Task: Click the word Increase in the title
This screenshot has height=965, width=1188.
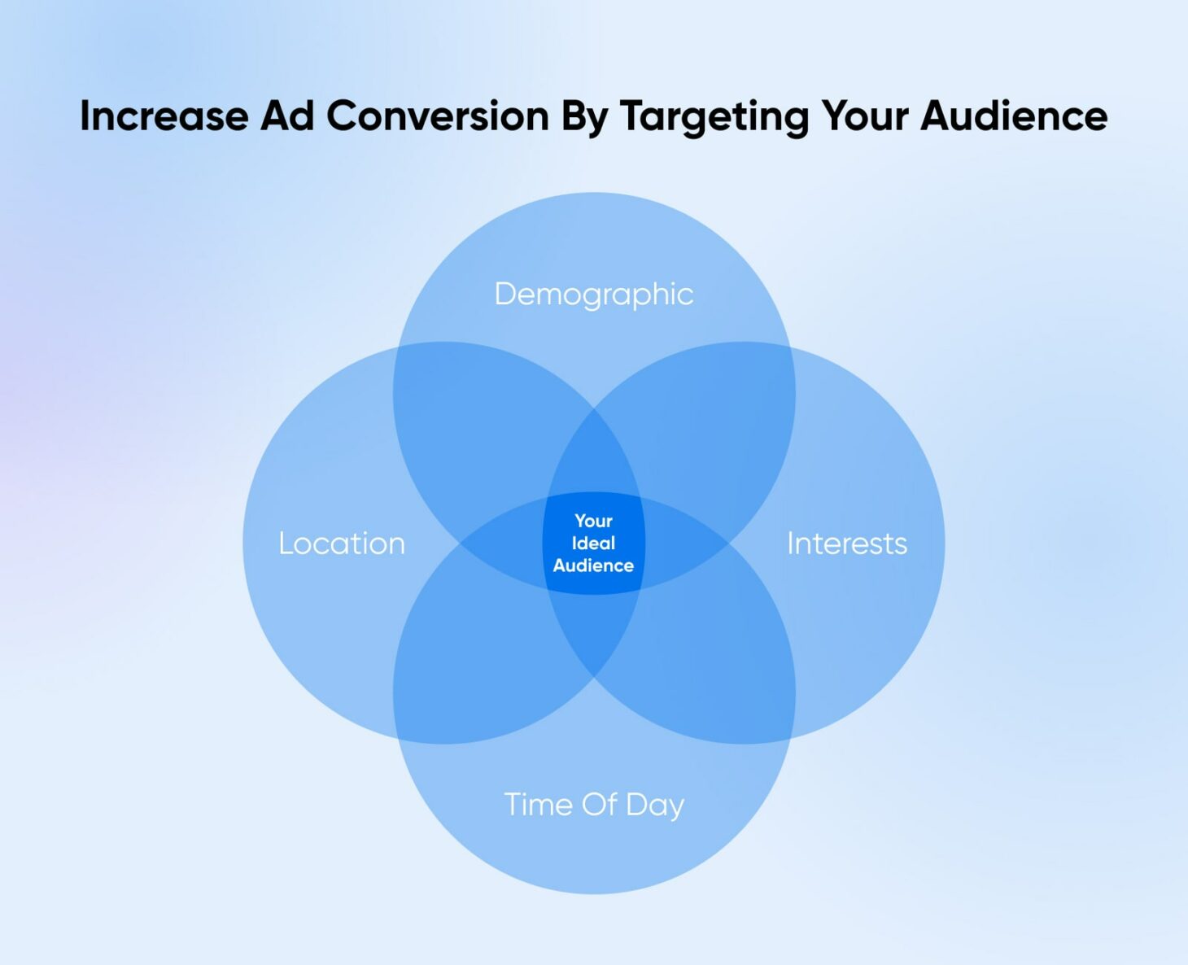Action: click(164, 116)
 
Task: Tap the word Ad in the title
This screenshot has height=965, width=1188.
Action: click(287, 116)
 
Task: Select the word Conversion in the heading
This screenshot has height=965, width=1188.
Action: click(438, 116)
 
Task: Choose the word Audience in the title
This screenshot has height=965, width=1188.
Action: click(1014, 116)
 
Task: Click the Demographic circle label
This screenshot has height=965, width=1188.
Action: click(594, 295)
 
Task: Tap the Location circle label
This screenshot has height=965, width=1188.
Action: click(342, 544)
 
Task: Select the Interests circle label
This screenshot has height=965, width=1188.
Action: click(847, 544)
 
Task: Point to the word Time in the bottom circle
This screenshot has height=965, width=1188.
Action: click(539, 805)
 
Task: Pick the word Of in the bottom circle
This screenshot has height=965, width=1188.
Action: click(600, 805)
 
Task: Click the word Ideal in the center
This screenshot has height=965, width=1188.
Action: click(594, 544)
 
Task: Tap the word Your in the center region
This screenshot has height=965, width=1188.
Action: click(594, 521)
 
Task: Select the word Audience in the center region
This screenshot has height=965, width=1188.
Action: click(594, 565)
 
